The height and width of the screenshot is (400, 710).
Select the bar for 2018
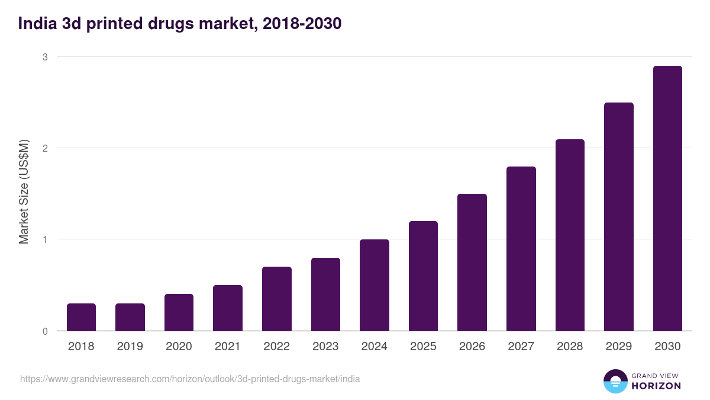[x=81, y=317]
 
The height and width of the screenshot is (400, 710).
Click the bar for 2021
[x=228, y=308]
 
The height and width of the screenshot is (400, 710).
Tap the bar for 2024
[x=374, y=285]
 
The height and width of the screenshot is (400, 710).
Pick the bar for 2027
[x=521, y=249]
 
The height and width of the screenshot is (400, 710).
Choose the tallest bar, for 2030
[x=667, y=199]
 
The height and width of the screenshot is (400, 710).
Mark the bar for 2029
[x=618, y=217]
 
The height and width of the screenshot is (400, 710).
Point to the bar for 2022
[x=276, y=299]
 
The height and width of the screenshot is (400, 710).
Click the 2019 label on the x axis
[x=130, y=347]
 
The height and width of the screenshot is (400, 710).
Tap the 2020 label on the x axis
[x=179, y=347]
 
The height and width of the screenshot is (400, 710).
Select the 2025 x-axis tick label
[x=423, y=347]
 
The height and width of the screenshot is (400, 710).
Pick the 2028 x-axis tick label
[x=570, y=347]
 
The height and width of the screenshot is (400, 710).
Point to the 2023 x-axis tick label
[x=325, y=347]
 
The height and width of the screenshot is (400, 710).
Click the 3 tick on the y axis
[x=44, y=57]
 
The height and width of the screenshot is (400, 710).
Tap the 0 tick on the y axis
[x=44, y=331]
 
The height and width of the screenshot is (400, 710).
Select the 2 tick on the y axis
[x=44, y=148]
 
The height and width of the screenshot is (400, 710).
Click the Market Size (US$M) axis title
[x=24, y=193]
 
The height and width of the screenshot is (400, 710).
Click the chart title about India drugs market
[x=180, y=24]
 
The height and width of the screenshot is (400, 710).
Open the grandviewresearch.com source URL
[x=190, y=379]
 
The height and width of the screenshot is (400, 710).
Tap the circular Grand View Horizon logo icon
[x=615, y=381]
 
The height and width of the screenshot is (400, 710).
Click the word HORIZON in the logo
[x=656, y=386]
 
